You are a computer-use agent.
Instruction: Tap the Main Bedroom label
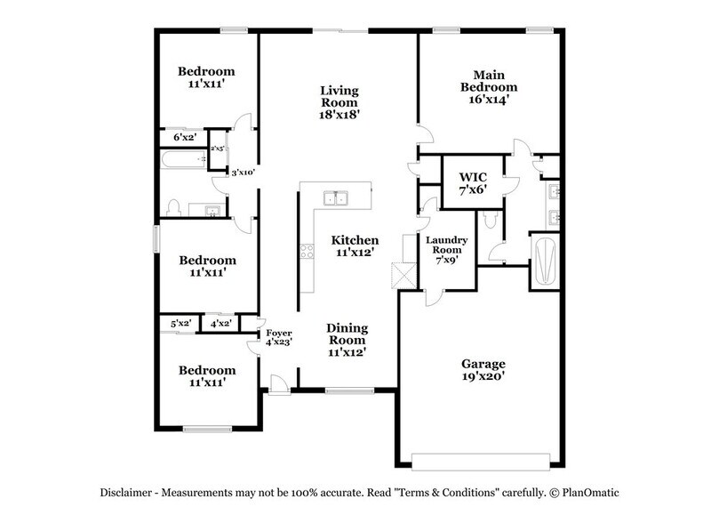point(483,87)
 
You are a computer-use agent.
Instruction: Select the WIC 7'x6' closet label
point(472,182)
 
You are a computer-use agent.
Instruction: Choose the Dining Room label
point(346,339)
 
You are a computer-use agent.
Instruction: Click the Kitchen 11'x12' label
point(355,246)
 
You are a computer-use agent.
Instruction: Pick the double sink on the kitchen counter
point(335,198)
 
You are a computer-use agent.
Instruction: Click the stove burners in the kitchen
point(308,251)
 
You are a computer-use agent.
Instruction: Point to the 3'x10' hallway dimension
point(244,173)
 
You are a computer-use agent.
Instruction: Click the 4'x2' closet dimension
point(220,325)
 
